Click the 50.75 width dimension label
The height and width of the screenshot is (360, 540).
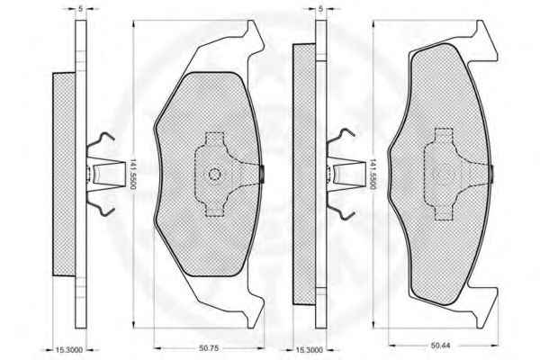[209, 348]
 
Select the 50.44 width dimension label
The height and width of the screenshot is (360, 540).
[440, 345]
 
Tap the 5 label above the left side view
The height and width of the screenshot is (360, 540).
[81, 9]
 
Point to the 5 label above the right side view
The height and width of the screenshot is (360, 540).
[321, 9]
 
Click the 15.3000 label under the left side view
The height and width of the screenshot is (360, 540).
[69, 350]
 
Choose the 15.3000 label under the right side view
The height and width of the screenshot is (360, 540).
[309, 350]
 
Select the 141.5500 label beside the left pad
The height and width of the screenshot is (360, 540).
[132, 175]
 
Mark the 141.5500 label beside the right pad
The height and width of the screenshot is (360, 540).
[373, 175]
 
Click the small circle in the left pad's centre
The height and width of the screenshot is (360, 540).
[214, 175]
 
